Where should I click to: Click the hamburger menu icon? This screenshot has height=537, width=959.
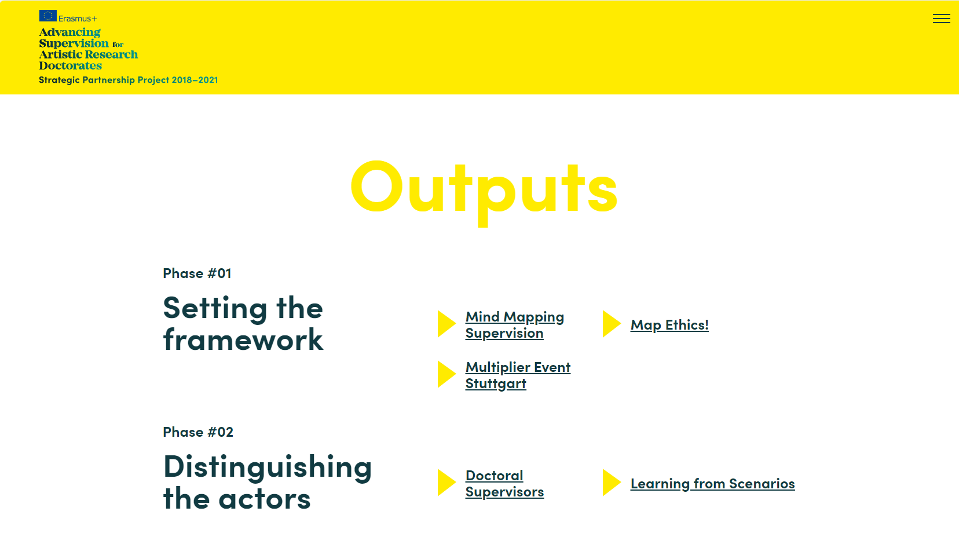pyautogui.click(x=941, y=19)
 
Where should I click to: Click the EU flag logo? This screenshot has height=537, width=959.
pyautogui.click(x=48, y=16)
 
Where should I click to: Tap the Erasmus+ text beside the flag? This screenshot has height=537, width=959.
pyautogui.click(x=78, y=19)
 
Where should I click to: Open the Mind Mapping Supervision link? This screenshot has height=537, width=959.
pyautogui.click(x=515, y=324)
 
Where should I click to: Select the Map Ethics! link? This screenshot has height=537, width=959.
pyautogui.click(x=669, y=325)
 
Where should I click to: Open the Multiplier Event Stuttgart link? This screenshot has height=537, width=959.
pyautogui.click(x=518, y=375)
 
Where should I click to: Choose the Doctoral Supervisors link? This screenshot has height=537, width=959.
pyautogui.click(x=505, y=484)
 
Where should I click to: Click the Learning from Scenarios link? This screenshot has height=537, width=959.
pyautogui.click(x=713, y=484)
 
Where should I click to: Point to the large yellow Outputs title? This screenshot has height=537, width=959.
pyautogui.click(x=484, y=192)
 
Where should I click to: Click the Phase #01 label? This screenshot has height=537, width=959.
pyautogui.click(x=197, y=273)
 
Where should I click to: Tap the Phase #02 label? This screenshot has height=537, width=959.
pyautogui.click(x=198, y=432)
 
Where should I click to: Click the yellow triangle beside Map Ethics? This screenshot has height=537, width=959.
pyautogui.click(x=612, y=324)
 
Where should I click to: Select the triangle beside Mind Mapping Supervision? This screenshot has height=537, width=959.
pyautogui.click(x=446, y=324)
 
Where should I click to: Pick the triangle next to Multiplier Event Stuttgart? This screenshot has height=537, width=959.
pyautogui.click(x=446, y=374)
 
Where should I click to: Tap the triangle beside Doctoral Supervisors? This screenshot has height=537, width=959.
pyautogui.click(x=446, y=483)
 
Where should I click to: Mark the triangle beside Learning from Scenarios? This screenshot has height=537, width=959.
pyautogui.click(x=612, y=483)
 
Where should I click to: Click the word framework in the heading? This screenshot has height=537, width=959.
pyautogui.click(x=243, y=339)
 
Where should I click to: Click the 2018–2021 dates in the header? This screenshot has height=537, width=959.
pyautogui.click(x=195, y=79)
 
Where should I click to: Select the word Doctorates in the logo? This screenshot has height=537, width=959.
pyautogui.click(x=71, y=65)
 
